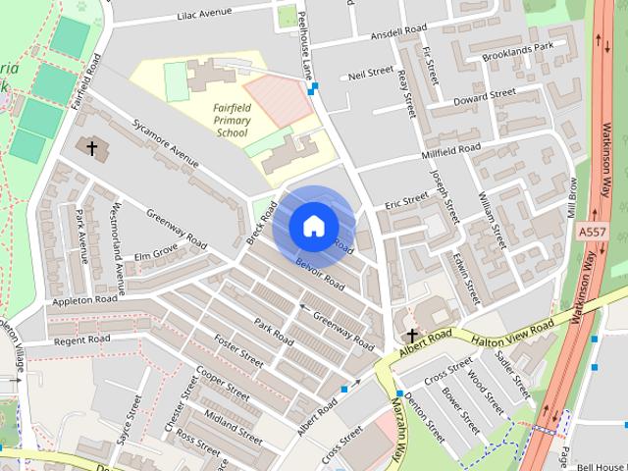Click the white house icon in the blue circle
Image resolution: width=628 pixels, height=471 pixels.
click(313, 227)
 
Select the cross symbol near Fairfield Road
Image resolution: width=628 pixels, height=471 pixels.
click(92, 148)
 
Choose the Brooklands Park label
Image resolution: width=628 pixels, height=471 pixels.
click(518, 48)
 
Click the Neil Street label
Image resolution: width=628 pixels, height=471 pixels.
click(371, 75)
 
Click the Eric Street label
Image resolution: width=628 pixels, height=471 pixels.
click(406, 200)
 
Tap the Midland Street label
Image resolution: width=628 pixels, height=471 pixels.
click(232, 429)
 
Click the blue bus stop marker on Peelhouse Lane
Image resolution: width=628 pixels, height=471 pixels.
click(312, 89)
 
